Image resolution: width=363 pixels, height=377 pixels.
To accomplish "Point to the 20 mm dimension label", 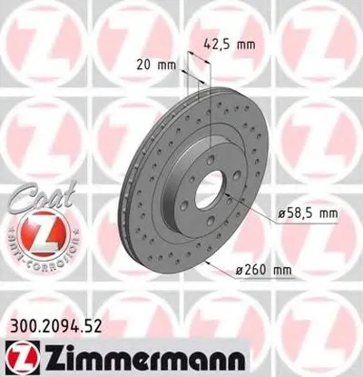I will [x=156, y=64].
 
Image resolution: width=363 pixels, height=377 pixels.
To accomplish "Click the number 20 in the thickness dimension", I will [x=146, y=64].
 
